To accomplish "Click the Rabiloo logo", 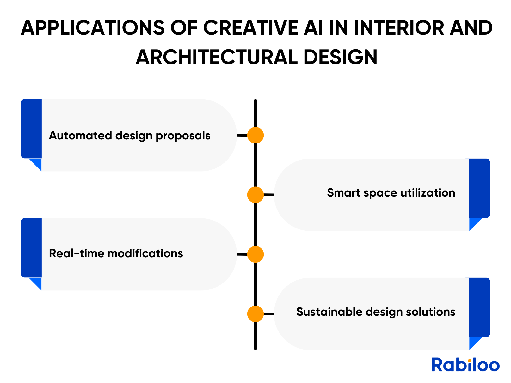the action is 465,364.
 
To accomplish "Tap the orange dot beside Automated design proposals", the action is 255,135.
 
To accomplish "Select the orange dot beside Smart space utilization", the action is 255,195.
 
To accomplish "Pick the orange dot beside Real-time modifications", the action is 255,254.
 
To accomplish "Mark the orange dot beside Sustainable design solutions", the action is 255,314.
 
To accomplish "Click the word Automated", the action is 80,135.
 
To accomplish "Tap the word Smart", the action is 343,192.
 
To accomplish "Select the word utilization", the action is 428,192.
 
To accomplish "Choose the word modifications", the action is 145,253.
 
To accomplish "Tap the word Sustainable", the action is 329,312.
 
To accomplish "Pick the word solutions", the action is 431,312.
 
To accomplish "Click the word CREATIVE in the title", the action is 250,28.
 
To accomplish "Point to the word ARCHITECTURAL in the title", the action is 217,57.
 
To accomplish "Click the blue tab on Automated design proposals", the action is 31,129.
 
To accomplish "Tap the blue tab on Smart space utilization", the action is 480,188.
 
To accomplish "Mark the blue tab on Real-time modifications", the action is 31,248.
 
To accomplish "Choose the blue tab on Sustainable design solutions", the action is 480,307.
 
